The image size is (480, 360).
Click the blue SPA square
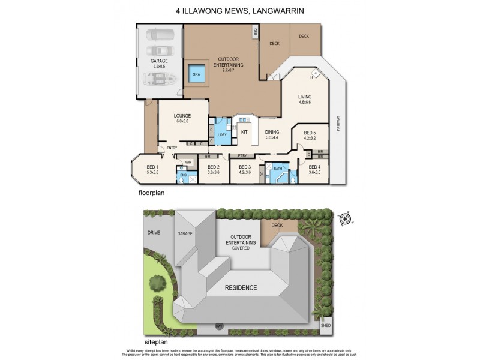196,74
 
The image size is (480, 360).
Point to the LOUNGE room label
182,116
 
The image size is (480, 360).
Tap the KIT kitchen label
244,131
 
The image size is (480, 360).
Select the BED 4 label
315,167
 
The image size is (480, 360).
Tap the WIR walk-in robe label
188,161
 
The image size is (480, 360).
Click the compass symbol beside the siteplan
344,220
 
